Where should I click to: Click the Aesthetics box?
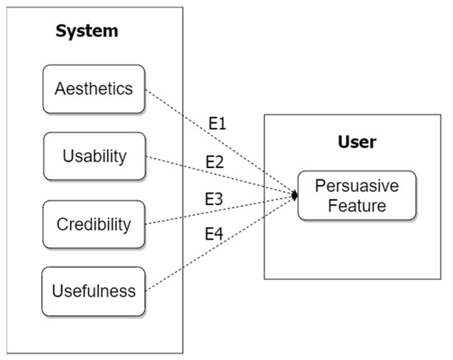[x=94, y=89]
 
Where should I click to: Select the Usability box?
[x=94, y=156]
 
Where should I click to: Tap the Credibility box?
[x=94, y=223]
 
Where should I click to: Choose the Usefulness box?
[x=94, y=290]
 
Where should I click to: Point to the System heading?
[x=86, y=32]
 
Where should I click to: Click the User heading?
[x=357, y=142]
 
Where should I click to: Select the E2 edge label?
[x=214, y=161]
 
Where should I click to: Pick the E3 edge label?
[x=215, y=199]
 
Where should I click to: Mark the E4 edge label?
[x=214, y=234]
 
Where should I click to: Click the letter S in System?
[x=61, y=32]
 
